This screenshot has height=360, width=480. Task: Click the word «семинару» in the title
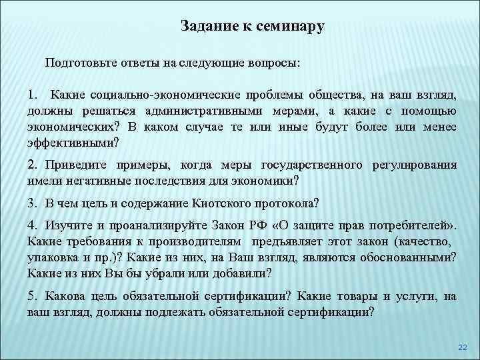(288, 27)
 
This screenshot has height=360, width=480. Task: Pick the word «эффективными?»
(73, 141)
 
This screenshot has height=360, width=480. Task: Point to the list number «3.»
(32, 203)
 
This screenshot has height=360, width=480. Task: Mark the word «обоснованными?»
(407, 257)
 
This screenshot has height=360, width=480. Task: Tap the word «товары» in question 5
(364, 295)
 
